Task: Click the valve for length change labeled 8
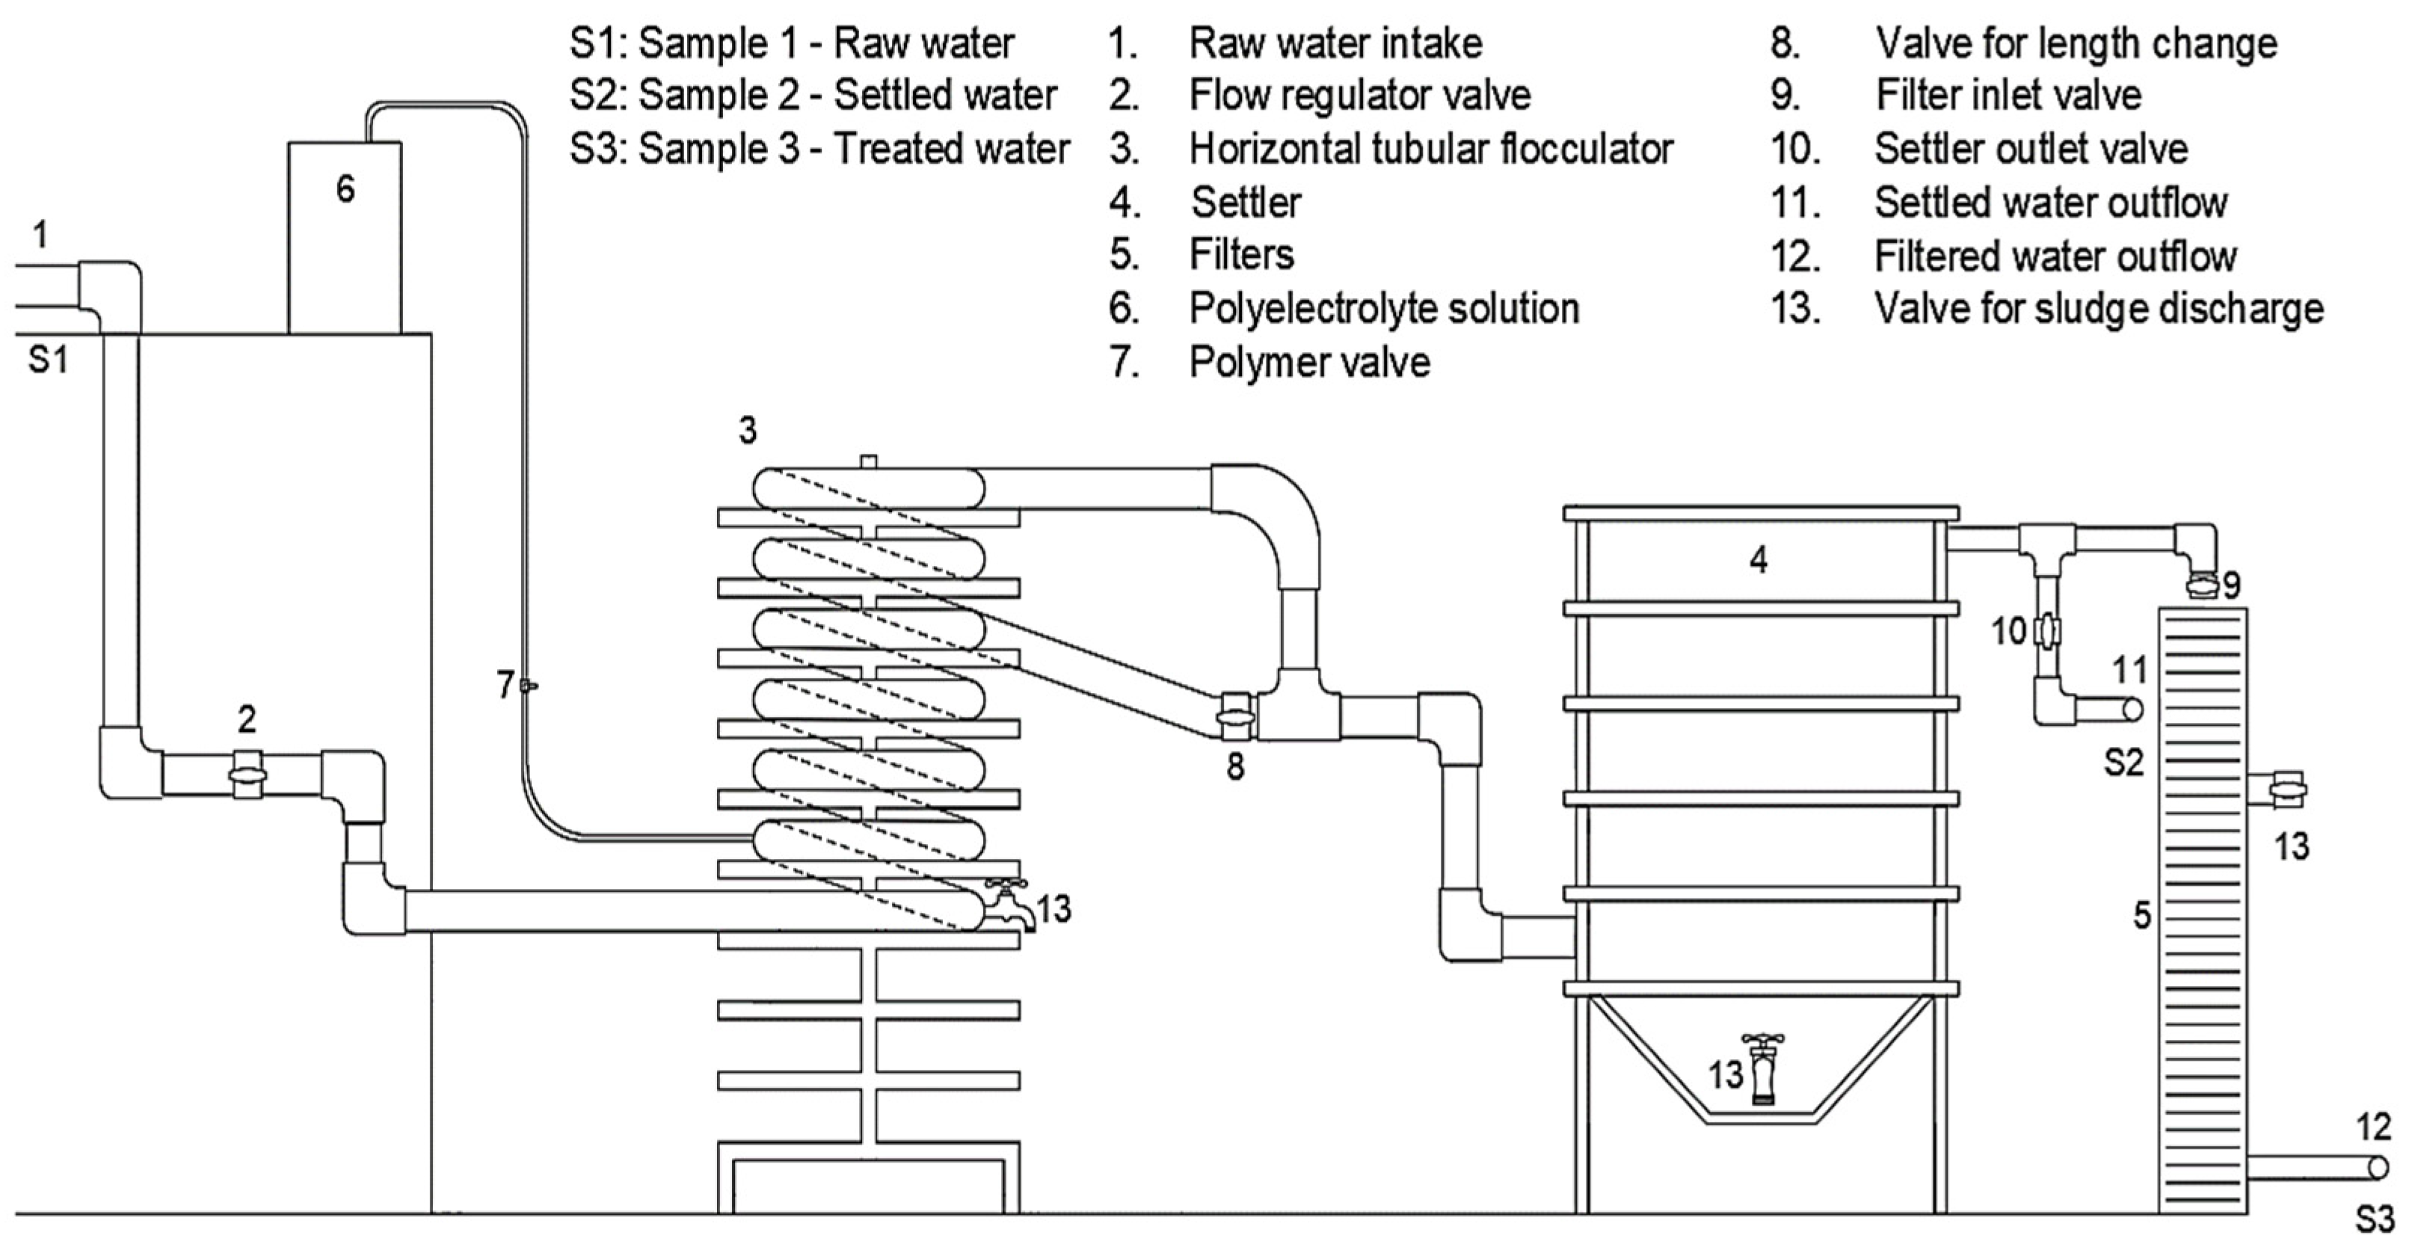click(1237, 717)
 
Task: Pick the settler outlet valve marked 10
click(2046, 632)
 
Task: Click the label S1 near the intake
click(48, 360)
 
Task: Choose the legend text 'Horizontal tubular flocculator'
click(1430, 148)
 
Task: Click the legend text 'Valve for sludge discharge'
click(2098, 308)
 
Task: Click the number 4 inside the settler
click(1758, 559)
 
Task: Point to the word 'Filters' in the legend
click(1241, 255)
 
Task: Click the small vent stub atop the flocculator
click(868, 461)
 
